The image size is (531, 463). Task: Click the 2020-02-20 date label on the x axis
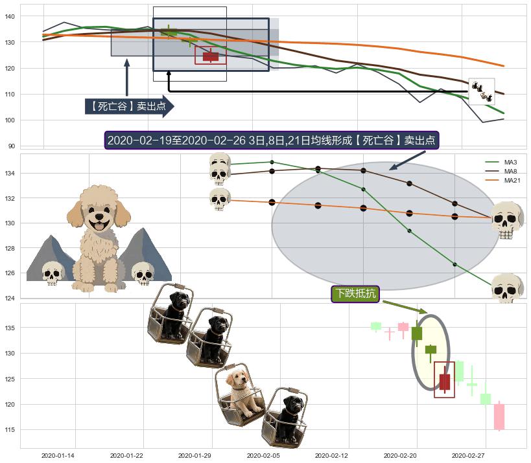click(400, 456)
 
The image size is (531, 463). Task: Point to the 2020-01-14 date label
click(58, 456)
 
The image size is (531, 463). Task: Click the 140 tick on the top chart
click(10, 16)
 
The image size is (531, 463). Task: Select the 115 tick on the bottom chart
click(10, 429)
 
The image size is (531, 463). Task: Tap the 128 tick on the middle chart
click(10, 248)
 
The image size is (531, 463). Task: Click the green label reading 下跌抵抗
click(355, 293)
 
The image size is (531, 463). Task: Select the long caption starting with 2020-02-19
click(272, 140)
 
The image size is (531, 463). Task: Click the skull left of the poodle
click(53, 273)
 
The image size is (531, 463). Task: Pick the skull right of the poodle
click(143, 273)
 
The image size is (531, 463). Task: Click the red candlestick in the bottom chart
click(445, 381)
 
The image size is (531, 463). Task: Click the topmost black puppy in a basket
click(171, 313)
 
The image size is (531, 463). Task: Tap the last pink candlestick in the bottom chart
click(499, 416)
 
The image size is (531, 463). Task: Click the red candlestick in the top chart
click(211, 56)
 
